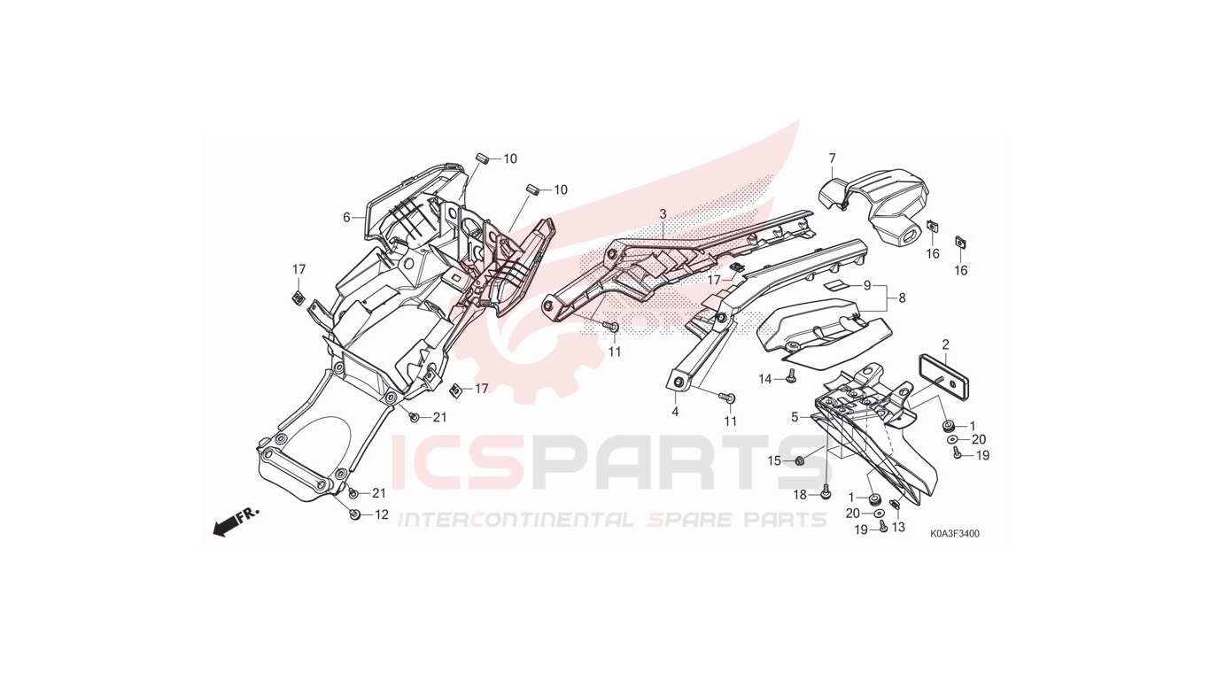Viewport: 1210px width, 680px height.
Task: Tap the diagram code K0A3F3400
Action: pyautogui.click(x=955, y=534)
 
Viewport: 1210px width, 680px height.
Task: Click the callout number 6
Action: pyautogui.click(x=346, y=218)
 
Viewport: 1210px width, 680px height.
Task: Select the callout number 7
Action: pyautogui.click(x=832, y=158)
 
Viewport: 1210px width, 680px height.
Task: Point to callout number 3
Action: pyautogui.click(x=663, y=214)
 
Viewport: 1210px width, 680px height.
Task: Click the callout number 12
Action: pyautogui.click(x=382, y=514)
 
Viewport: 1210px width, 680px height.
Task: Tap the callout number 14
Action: pyautogui.click(x=765, y=380)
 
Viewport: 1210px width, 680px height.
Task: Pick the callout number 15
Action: pyautogui.click(x=774, y=460)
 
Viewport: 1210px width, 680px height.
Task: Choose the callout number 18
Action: pyautogui.click(x=800, y=495)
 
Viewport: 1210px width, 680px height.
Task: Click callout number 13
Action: pyautogui.click(x=898, y=527)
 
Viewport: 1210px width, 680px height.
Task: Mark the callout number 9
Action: pyautogui.click(x=867, y=286)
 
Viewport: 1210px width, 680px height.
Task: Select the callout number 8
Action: pyautogui.click(x=902, y=298)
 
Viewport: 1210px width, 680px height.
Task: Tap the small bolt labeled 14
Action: pyautogui.click(x=791, y=376)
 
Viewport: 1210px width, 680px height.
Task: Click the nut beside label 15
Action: pyautogui.click(x=800, y=461)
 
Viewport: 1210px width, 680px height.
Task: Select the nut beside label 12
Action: pyautogui.click(x=353, y=514)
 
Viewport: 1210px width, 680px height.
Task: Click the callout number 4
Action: pyautogui.click(x=675, y=412)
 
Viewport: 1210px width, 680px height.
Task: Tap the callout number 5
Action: pyautogui.click(x=795, y=418)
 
